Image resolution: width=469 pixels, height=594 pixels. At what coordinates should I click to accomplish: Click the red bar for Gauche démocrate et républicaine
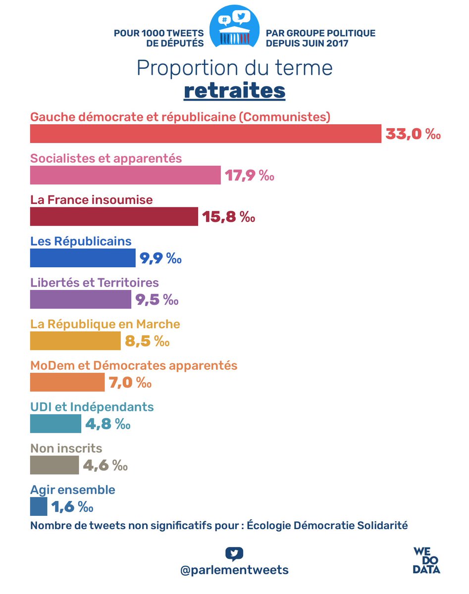tap(206, 134)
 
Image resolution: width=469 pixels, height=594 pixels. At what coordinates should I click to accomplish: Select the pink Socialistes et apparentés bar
tap(125, 175)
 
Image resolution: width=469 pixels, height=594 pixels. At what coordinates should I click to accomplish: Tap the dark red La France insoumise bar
tap(114, 217)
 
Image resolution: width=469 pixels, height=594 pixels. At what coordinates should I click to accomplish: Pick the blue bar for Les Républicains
tap(83, 258)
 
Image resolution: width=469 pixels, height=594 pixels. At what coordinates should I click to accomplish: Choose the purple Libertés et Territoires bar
tap(81, 299)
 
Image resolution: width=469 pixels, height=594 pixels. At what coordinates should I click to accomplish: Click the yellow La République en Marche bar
tap(75, 341)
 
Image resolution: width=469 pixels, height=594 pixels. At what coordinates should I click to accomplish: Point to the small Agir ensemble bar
tap(39, 507)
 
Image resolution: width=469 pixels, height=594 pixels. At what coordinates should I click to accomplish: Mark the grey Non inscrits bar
tap(54, 465)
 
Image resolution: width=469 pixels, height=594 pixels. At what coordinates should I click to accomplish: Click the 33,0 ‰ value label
tap(413, 134)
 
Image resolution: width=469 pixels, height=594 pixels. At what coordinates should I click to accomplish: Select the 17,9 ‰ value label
tap(250, 176)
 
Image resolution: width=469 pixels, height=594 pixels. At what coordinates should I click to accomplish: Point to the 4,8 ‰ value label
tap(107, 424)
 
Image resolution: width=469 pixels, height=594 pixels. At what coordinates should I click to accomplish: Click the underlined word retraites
tap(234, 91)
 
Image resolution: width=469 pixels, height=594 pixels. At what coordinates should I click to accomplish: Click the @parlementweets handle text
tap(234, 570)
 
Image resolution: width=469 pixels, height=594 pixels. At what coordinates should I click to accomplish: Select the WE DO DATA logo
tap(426, 560)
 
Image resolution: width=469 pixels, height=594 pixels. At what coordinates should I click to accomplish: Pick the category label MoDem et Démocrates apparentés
tap(134, 365)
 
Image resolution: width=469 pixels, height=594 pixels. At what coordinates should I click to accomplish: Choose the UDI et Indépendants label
tap(92, 407)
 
